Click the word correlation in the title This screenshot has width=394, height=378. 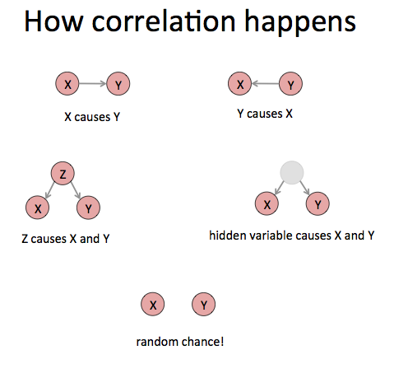[x=164, y=21]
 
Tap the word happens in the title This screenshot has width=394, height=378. [x=300, y=23]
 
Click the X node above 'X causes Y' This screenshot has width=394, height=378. [x=67, y=83]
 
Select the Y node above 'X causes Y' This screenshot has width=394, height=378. [x=118, y=84]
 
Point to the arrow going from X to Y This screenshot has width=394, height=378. [x=93, y=83]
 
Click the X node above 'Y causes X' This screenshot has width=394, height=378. [x=240, y=83]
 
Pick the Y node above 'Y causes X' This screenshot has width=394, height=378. [x=290, y=84]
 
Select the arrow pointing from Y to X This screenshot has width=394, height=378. [x=265, y=83]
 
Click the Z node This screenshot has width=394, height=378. [x=63, y=173]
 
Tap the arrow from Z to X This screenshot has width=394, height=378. [x=50, y=189]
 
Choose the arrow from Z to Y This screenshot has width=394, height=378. [x=76, y=190]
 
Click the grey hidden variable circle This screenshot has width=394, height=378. [x=292, y=172]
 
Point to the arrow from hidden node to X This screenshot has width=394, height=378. [x=280, y=188]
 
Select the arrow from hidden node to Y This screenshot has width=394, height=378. [x=304, y=188]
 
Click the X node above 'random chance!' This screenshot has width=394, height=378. [x=153, y=304]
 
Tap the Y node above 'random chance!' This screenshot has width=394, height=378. [x=203, y=304]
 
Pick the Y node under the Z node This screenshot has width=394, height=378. [x=88, y=208]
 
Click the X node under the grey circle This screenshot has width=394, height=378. [x=267, y=203]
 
